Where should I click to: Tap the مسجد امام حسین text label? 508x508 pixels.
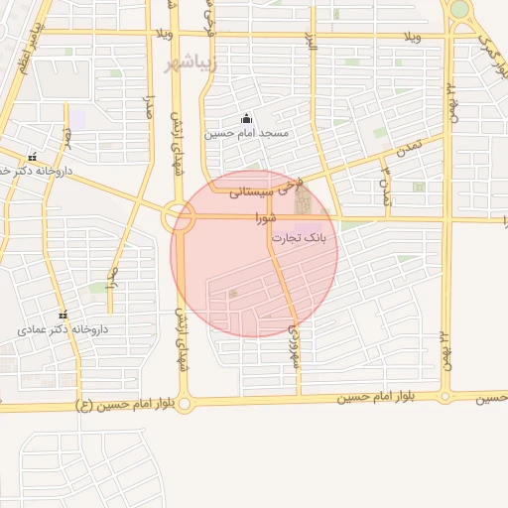tap(246, 133)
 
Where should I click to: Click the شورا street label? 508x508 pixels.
tap(263, 216)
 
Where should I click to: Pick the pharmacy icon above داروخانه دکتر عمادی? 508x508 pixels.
tap(64, 315)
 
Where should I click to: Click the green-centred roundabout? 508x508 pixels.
tap(459, 10)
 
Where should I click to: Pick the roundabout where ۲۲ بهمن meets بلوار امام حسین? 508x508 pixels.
tap(444, 397)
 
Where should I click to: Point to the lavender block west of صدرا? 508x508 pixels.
tap(77, 118)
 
